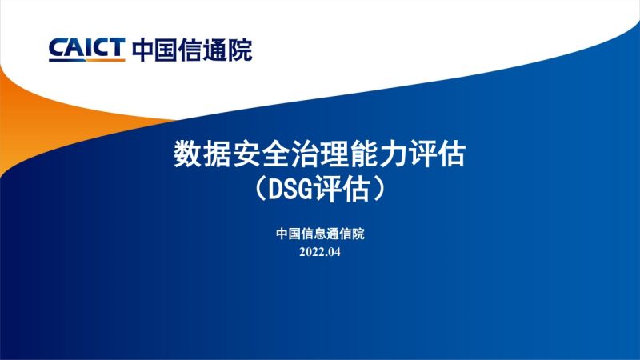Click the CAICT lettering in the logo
[x=86, y=50]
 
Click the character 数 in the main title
[x=187, y=154]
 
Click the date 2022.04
[x=320, y=253]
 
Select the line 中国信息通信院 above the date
[x=320, y=234]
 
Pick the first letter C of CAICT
[x=57, y=50]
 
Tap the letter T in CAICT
[x=117, y=50]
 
